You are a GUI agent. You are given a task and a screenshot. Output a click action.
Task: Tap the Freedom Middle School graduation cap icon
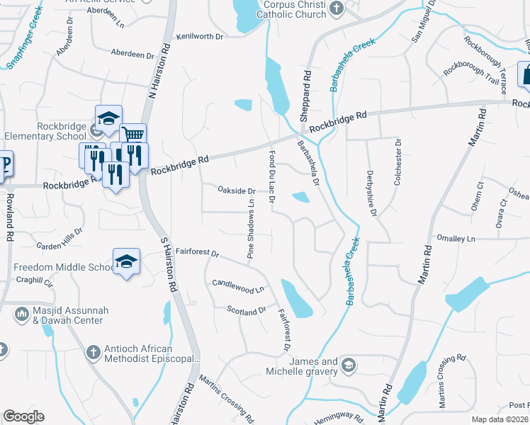[127, 262]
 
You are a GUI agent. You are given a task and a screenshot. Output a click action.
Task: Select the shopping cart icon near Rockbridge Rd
[132, 135]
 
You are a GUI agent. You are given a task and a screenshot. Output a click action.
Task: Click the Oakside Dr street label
[237, 191]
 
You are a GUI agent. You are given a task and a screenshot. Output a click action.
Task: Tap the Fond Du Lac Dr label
[271, 176]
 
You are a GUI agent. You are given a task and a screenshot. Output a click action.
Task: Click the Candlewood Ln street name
[238, 286]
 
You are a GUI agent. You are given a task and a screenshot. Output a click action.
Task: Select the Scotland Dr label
[246, 310]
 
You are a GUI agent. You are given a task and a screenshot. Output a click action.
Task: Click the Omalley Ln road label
[456, 239]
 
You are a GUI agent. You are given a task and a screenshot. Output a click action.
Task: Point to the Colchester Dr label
[397, 162]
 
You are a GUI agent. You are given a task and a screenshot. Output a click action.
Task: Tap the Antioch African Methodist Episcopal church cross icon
[93, 351]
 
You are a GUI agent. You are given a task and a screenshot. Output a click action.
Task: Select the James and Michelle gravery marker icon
[348, 365]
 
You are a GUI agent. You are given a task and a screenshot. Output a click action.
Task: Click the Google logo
[23, 416]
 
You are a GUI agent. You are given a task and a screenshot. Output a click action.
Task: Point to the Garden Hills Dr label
[60, 239]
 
